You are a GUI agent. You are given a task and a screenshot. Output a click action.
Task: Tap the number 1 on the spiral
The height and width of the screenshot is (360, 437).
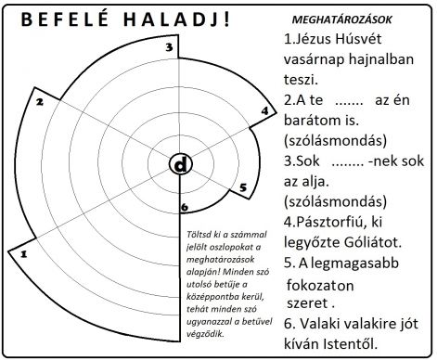(24, 251)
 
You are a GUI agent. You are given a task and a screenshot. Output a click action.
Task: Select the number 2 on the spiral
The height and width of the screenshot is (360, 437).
(40, 103)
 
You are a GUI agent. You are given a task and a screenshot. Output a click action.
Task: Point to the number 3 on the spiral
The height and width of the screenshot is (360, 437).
(168, 47)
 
